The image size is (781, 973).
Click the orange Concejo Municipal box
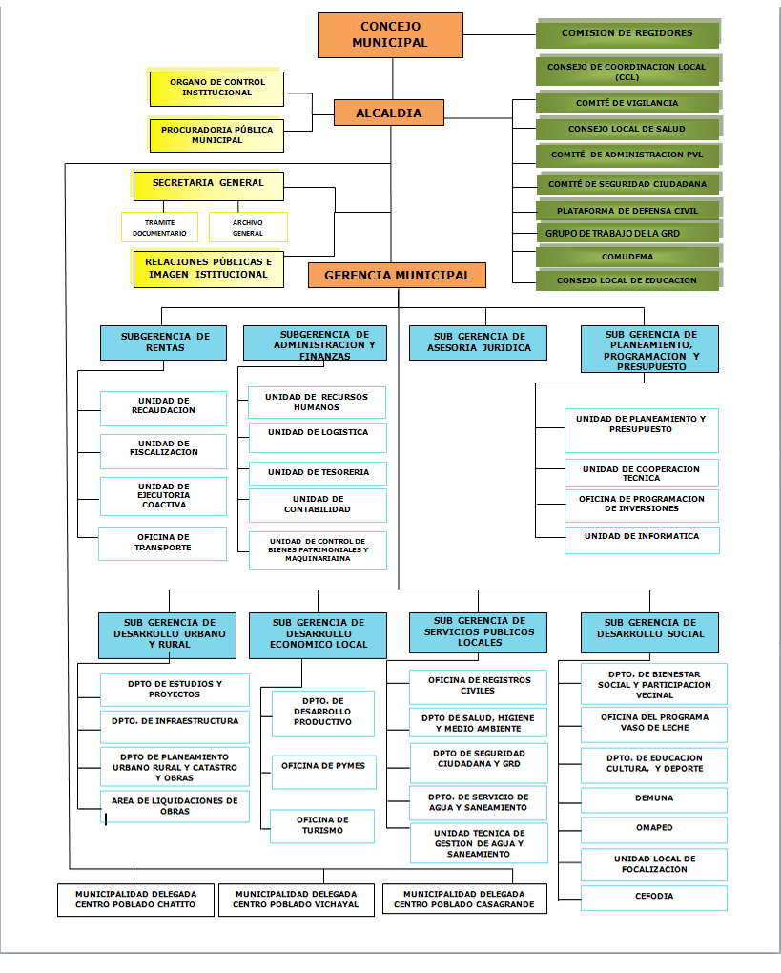390,35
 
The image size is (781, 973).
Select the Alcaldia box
389,113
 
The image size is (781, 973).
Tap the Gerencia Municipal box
397,275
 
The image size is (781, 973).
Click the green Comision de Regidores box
627,33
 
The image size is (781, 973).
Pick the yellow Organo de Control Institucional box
216,88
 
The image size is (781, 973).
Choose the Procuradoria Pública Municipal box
216,135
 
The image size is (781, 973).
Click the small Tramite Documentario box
160,227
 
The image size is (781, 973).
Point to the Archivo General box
248,227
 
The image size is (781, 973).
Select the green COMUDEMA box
627,257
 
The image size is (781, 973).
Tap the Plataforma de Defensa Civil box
627,211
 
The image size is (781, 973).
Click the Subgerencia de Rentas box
164,342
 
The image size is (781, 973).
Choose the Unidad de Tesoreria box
318,473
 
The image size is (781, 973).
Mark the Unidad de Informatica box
642,540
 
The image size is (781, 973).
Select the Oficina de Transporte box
162,544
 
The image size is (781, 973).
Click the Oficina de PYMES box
324,772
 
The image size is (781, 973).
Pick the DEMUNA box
654,800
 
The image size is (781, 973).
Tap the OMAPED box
654,830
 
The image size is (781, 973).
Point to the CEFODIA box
654,898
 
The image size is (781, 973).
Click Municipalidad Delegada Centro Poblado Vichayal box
297,900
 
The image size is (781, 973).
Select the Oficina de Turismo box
322,826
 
